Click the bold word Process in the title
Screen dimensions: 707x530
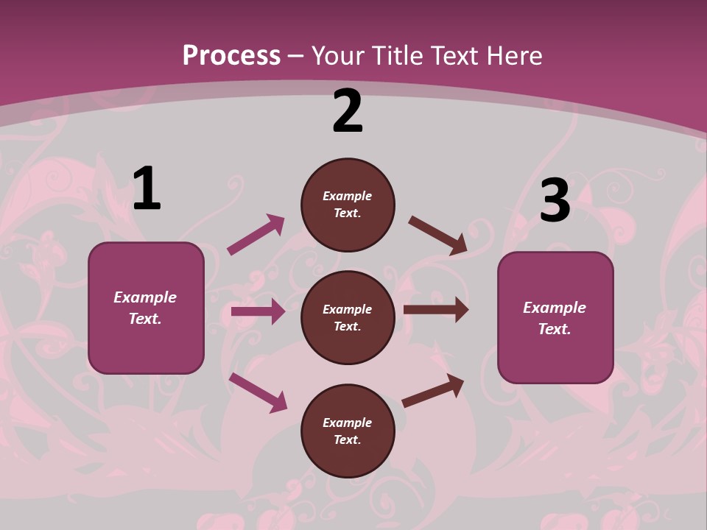pyautogui.click(x=231, y=56)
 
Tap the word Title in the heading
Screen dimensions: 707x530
pyautogui.click(x=398, y=56)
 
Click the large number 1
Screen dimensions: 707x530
pyautogui.click(x=147, y=189)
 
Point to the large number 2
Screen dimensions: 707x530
pyautogui.click(x=348, y=112)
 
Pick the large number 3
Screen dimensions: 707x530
pyautogui.click(x=555, y=201)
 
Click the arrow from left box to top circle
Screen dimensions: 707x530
pyautogui.click(x=256, y=235)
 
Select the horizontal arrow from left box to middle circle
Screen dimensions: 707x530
pyautogui.click(x=258, y=311)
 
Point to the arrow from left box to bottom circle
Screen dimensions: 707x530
pyautogui.click(x=258, y=392)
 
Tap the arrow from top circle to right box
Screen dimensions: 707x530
pyautogui.click(x=437, y=236)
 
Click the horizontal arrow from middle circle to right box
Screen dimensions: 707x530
pyautogui.click(x=435, y=309)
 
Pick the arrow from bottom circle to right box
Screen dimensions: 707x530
pyautogui.click(x=433, y=391)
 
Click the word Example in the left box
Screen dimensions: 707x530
pyautogui.click(x=145, y=297)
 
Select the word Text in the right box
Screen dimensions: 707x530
pyautogui.click(x=554, y=329)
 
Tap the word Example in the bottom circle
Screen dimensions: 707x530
pyautogui.click(x=348, y=423)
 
